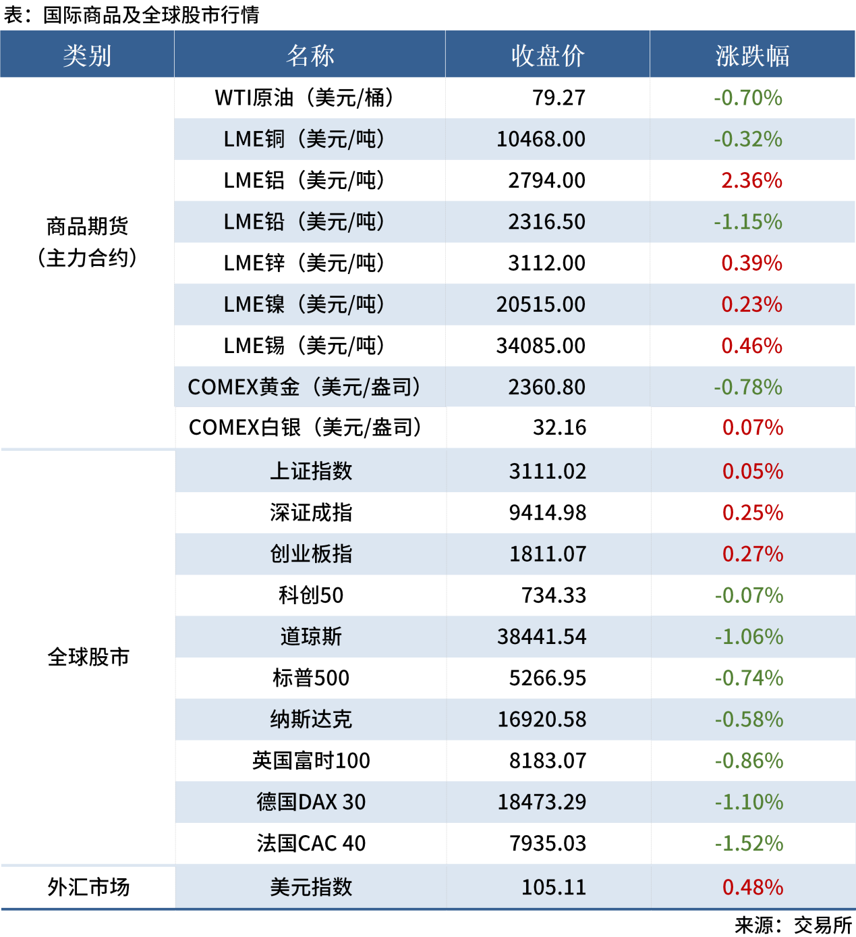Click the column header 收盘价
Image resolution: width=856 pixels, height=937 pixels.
pyautogui.click(x=547, y=55)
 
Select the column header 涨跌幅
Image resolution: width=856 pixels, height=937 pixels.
pyautogui.click(x=752, y=55)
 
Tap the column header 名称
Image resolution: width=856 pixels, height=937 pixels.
pyautogui.click(x=310, y=55)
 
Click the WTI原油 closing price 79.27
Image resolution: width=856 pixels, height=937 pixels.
pyautogui.click(x=559, y=98)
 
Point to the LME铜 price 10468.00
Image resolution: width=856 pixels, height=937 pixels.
pyautogui.click(x=541, y=139)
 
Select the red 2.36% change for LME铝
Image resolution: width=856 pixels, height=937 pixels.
pyautogui.click(x=751, y=180)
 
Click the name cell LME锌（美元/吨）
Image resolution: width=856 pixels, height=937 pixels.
pyautogui.click(x=304, y=263)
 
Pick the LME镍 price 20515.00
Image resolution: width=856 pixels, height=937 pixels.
pyautogui.click(x=541, y=304)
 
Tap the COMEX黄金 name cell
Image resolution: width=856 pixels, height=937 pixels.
pyautogui.click(x=304, y=387)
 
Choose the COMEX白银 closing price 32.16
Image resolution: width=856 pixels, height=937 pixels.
pyautogui.click(x=559, y=427)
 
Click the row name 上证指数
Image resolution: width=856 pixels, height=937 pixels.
pyautogui.click(x=311, y=471)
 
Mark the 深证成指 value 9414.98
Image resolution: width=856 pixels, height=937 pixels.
pyautogui.click(x=547, y=512)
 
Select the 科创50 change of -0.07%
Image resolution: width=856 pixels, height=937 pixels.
pyautogui.click(x=749, y=595)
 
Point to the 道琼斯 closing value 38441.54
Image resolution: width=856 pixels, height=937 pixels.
pyautogui.click(x=542, y=637)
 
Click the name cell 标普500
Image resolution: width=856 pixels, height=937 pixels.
pyautogui.click(x=311, y=678)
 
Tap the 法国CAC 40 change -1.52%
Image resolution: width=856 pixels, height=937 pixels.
pyautogui.click(x=749, y=843)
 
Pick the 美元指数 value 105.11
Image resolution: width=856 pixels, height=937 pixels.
pyautogui.click(x=553, y=887)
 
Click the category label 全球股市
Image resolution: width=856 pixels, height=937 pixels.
pyautogui.click(x=88, y=657)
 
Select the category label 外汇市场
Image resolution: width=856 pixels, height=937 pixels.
pyautogui.click(x=88, y=887)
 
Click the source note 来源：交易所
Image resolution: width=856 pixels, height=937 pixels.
pyautogui.click(x=793, y=925)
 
